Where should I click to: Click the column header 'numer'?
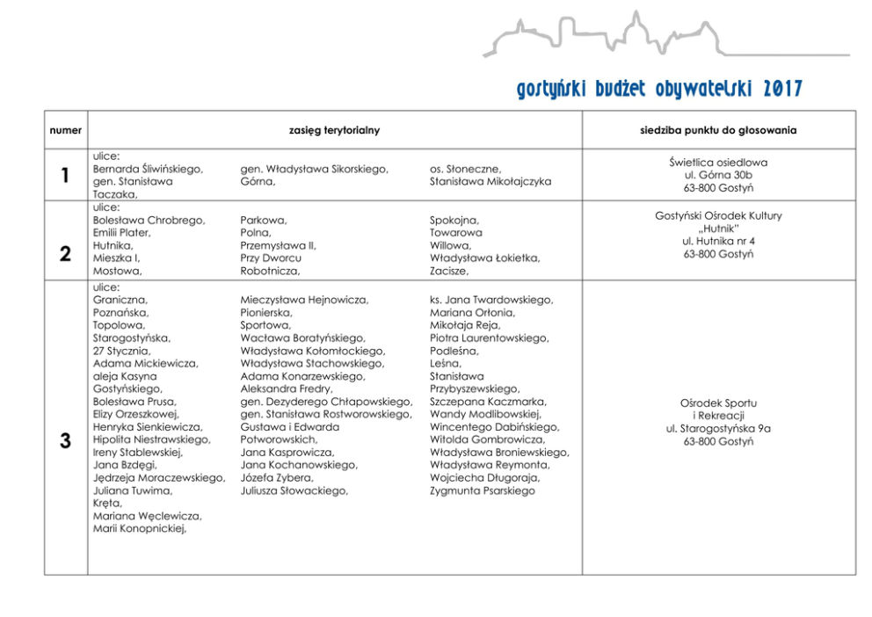(x=66, y=130)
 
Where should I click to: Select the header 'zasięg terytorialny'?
(x=334, y=130)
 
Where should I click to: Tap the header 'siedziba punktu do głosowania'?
(x=718, y=130)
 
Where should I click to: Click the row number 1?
(x=66, y=176)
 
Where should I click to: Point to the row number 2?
(x=66, y=254)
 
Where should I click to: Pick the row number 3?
(x=66, y=440)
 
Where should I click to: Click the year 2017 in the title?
(x=782, y=89)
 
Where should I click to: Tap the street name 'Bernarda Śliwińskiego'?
(x=148, y=169)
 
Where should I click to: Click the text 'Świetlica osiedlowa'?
(x=718, y=163)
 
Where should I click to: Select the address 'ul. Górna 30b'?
(x=718, y=175)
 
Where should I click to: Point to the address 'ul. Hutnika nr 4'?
(x=718, y=241)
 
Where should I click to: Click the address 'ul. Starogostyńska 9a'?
(x=718, y=428)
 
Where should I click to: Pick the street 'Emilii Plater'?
(x=122, y=233)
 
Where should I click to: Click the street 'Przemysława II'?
(x=278, y=246)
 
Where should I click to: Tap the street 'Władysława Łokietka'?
(x=484, y=258)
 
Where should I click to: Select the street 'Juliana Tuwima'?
(x=133, y=491)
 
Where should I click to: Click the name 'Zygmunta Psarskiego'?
(x=482, y=491)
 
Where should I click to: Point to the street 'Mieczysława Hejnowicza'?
(x=304, y=300)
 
